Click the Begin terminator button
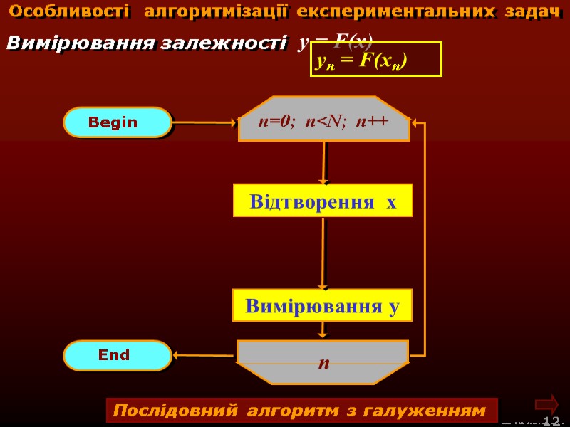coord(117,122)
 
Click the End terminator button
coord(117,355)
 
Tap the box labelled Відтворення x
coord(323,201)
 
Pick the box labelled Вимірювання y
coord(323,305)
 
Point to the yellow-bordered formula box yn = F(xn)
coord(376,59)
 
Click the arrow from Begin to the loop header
coord(204,122)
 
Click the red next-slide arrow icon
coord(546,403)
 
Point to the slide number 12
coord(551,421)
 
